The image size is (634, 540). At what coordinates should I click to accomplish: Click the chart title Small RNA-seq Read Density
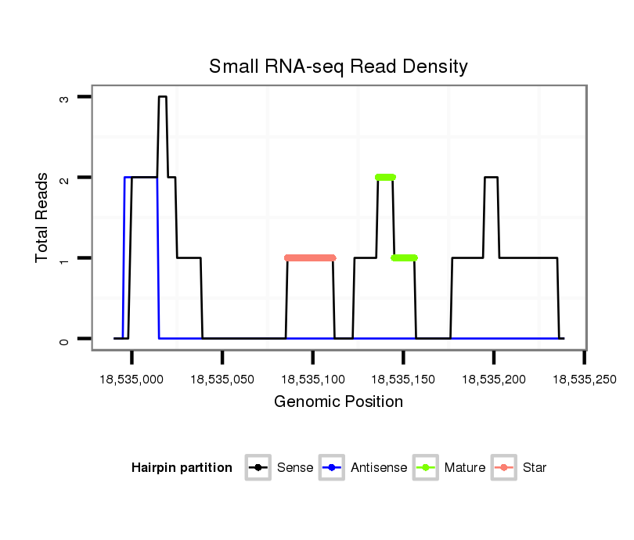coord(337,67)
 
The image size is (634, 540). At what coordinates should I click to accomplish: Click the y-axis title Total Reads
coord(41,218)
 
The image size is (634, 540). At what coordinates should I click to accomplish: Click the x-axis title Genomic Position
coord(338,402)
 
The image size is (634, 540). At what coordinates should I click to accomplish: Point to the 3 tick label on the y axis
coord(64,98)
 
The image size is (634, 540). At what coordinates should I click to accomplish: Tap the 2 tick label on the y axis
coord(64,178)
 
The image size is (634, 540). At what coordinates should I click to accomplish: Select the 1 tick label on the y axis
coord(64,259)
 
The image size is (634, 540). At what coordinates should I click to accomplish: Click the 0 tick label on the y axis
coord(64,340)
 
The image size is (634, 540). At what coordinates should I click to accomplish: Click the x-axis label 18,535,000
coord(131,380)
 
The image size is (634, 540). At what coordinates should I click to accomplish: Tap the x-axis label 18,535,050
coord(222,380)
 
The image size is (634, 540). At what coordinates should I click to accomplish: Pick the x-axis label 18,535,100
coord(313,380)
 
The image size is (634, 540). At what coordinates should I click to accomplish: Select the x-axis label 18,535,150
coord(403,380)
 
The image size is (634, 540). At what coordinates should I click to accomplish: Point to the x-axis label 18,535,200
coord(494,380)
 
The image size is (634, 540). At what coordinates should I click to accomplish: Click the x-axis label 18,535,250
coord(585,380)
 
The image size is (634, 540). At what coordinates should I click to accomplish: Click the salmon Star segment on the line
coord(310,257)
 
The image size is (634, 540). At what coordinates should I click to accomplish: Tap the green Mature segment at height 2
coord(385,177)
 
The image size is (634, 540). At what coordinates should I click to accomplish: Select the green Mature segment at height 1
coord(404,257)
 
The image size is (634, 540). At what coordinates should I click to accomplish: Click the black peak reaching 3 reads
coord(162,97)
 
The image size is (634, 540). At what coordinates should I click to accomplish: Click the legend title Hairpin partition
coord(182,468)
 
